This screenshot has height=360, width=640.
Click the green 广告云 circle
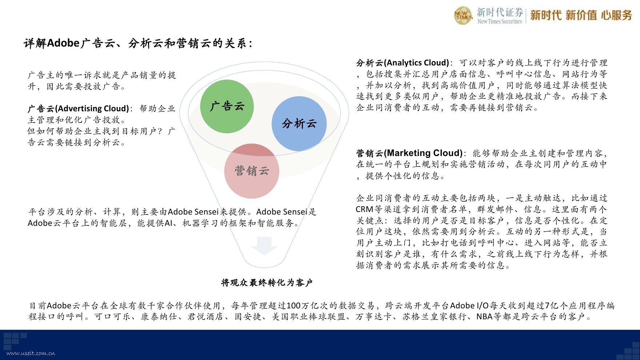click(227, 106)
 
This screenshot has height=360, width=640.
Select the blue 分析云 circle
click(299, 124)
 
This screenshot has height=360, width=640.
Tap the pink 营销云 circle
click(252, 171)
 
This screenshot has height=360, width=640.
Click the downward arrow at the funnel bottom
click(264, 246)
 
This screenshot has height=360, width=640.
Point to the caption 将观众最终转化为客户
click(267, 283)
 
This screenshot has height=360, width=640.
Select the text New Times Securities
click(500, 21)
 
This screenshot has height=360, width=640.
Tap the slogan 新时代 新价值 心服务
click(581, 15)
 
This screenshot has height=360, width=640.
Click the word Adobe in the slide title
click(63, 43)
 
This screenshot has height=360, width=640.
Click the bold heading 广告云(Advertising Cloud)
click(79, 109)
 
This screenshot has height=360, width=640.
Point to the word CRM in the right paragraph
click(364, 209)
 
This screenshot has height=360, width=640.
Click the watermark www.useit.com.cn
click(31, 353)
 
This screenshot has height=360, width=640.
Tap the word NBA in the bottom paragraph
click(484, 317)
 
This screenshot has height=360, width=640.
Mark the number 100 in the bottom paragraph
click(293, 306)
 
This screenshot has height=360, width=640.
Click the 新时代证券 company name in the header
click(500, 12)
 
